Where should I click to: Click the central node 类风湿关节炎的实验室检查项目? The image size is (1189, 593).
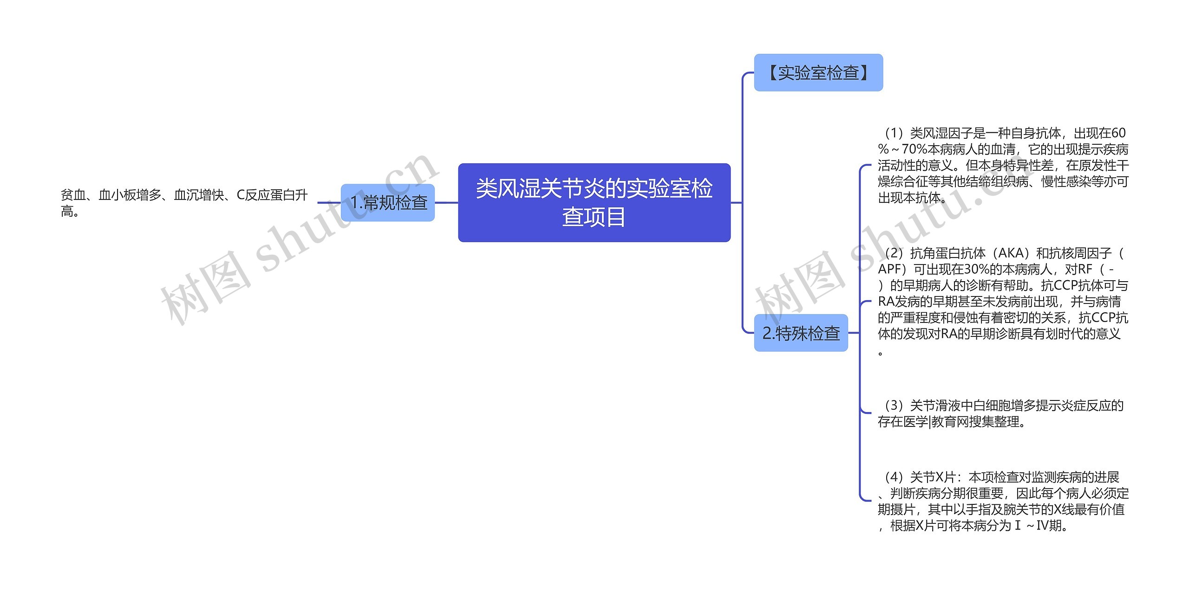point(594,202)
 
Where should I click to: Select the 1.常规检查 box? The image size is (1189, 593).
point(388,203)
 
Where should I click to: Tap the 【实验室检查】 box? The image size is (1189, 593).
point(818,73)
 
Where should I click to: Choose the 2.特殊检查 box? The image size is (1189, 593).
point(801,333)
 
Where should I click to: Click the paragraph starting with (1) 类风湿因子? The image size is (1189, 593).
point(1003,166)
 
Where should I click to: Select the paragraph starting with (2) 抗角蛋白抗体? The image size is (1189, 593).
point(1003,302)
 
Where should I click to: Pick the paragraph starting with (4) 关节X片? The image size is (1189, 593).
point(1003,501)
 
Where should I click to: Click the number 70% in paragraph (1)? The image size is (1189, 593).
point(914,150)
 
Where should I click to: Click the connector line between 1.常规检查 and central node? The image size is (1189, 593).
point(446,203)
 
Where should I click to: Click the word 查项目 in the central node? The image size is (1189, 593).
point(594,217)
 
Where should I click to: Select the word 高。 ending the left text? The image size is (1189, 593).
point(70,212)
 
